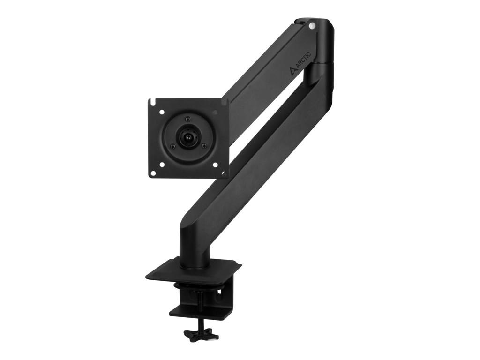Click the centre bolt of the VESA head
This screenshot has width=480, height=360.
point(186,138)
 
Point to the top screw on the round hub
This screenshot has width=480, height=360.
point(187,119)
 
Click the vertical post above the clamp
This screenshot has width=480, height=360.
point(193,244)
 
